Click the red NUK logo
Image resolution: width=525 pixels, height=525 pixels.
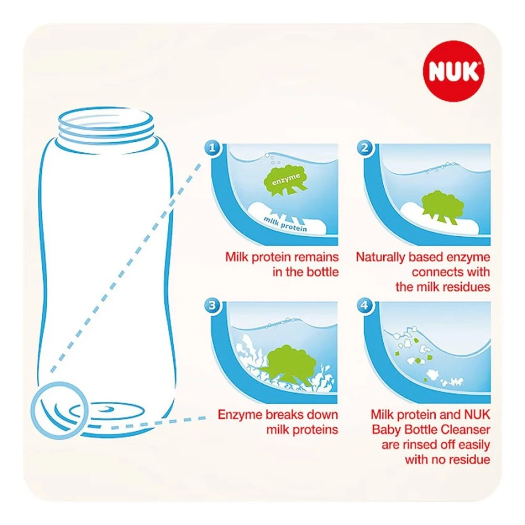coord(454,71)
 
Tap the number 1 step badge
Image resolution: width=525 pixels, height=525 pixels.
coord(212,147)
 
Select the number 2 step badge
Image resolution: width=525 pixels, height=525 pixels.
coord(365,147)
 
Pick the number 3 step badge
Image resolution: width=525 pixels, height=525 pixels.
coord(212,305)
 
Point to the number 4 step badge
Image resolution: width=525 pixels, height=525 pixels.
coord(365,305)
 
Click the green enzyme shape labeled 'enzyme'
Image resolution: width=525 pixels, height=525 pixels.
coord(285,180)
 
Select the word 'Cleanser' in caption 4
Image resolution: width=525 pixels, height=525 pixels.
coord(467,429)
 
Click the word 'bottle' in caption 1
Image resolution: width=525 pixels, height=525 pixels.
coord(322,272)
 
